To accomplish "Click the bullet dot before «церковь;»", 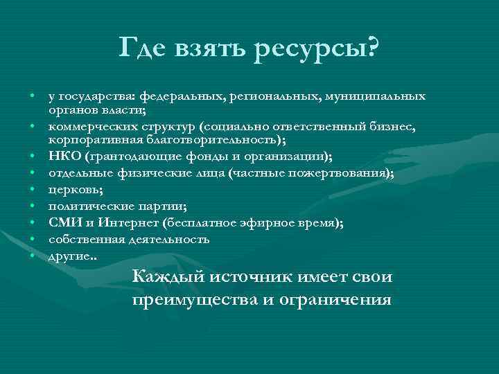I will coord(32,190).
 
